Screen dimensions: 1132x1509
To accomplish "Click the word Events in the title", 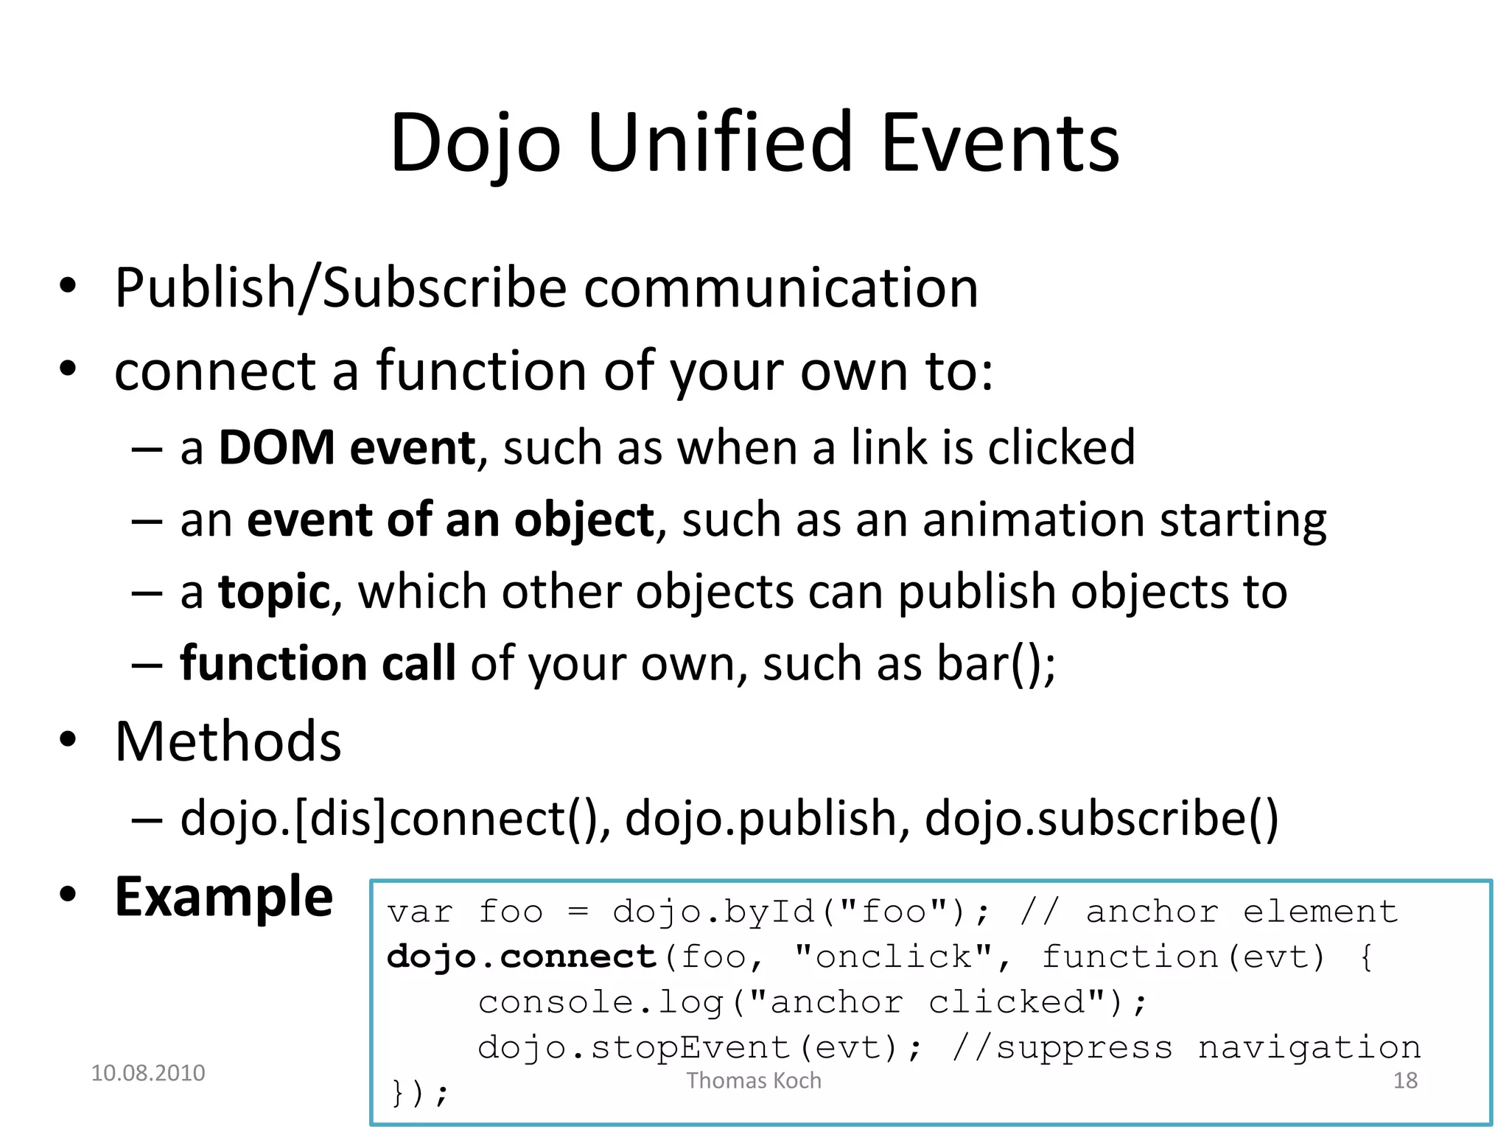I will (x=1000, y=142).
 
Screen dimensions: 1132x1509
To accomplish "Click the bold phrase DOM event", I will (x=347, y=447).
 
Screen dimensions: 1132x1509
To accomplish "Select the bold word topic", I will (x=274, y=592).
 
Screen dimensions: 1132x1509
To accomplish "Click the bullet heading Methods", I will (x=228, y=741).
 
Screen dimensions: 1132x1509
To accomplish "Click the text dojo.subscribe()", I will (x=1102, y=819).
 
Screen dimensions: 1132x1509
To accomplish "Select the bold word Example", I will (x=224, y=897).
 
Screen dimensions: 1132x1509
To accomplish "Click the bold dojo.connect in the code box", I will (x=521, y=957).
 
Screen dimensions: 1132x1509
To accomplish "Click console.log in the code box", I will (x=601, y=1002).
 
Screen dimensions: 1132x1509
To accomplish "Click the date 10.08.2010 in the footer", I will (x=148, y=1073).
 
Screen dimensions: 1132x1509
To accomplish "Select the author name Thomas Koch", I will (x=754, y=1080).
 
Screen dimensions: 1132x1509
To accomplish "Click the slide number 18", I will (x=1405, y=1080).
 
